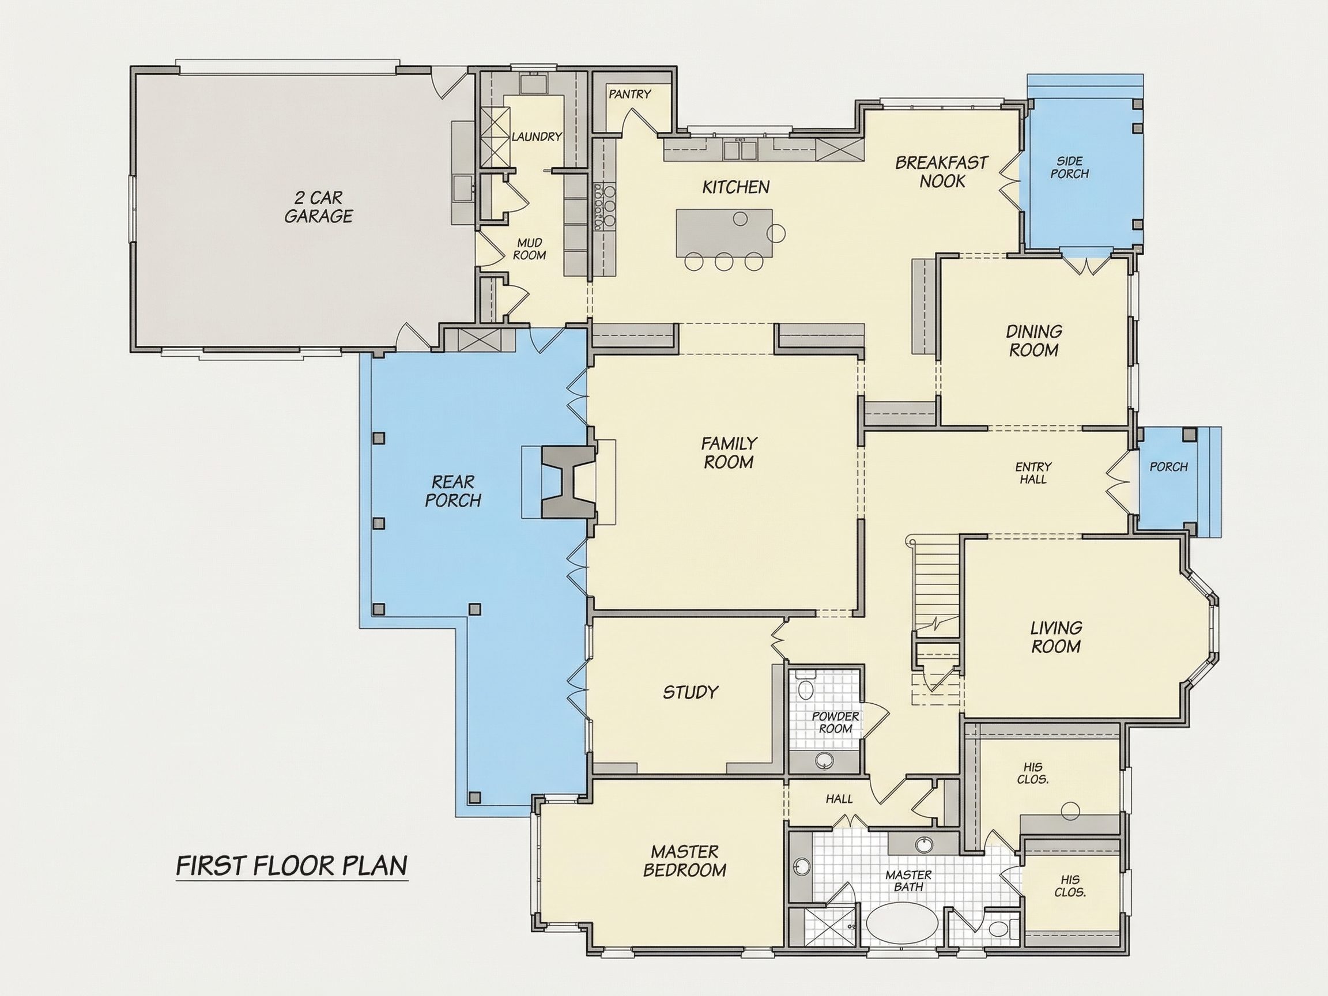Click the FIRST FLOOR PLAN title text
(292, 866)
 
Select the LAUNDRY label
(536, 136)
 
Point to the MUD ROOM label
(530, 248)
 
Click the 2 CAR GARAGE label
(318, 207)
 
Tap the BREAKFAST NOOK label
(942, 172)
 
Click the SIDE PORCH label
(1070, 168)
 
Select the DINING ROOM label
(1034, 341)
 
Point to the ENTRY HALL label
(1033, 473)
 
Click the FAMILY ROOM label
(729, 452)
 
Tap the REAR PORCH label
(453, 491)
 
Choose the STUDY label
(691, 692)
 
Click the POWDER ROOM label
(835, 722)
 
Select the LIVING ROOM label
(1056, 637)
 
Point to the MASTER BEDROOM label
(684, 861)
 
